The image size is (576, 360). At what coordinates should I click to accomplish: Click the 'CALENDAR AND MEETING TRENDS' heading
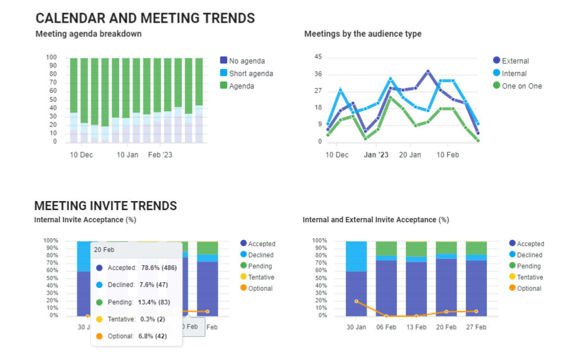point(145,18)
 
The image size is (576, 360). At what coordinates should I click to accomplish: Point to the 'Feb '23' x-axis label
point(160,155)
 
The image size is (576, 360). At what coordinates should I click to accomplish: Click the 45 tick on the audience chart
point(318,57)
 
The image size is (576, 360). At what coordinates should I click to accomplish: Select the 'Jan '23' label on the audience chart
point(376,155)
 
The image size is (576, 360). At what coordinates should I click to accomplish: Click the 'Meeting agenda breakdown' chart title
point(89,34)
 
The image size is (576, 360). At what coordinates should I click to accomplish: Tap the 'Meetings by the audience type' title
point(363,34)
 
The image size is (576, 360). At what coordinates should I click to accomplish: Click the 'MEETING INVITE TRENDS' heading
point(106,206)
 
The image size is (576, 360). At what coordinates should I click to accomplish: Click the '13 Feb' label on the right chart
point(416,327)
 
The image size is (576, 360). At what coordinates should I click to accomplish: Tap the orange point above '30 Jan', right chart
point(356,301)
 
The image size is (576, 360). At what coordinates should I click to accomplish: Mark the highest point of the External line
point(428,71)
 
